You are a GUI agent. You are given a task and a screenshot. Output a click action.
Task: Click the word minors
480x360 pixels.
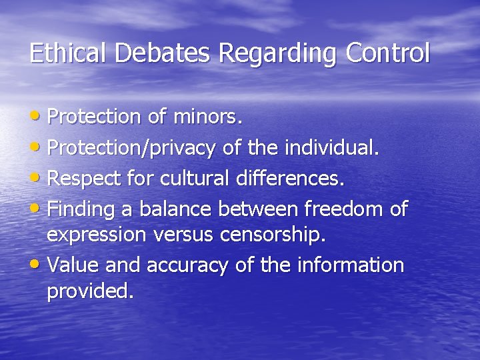(207, 117)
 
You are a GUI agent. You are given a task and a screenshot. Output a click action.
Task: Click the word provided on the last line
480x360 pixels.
(90, 291)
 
